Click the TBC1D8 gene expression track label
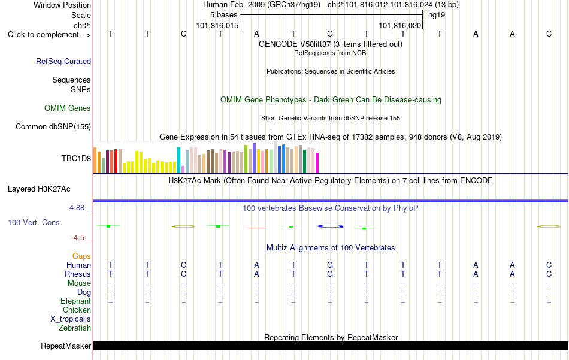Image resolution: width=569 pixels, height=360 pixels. pyautogui.click(x=76, y=158)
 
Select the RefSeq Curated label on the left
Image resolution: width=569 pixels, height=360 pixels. pyautogui.click(x=63, y=61)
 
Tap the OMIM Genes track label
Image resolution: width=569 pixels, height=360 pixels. pyautogui.click(x=68, y=108)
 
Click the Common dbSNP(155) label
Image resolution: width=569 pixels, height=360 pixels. pyautogui.click(x=53, y=126)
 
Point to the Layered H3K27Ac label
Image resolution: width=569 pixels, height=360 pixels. pyautogui.click(x=39, y=189)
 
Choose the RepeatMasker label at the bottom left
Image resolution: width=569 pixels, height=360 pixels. pyautogui.click(x=66, y=346)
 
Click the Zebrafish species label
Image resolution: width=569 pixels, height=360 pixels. pyautogui.click(x=75, y=328)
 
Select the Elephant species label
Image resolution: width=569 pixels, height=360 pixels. pyautogui.click(x=76, y=301)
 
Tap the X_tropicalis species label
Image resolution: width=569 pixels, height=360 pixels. pyautogui.click(x=71, y=319)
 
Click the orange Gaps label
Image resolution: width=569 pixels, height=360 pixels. pyautogui.click(x=81, y=256)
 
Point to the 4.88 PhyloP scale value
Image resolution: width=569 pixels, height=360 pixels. pyautogui.click(x=77, y=208)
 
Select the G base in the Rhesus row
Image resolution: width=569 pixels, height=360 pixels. pyautogui.click(x=330, y=274)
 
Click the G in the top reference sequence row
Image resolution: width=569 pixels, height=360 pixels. pyautogui.click(x=330, y=34)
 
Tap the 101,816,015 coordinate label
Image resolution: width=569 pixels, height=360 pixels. pyautogui.click(x=217, y=25)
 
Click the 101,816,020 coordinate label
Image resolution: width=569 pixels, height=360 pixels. pyautogui.click(x=400, y=25)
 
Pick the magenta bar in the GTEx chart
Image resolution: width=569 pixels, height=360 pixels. pyautogui.click(x=317, y=162)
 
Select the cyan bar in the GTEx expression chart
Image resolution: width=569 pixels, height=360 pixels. pyautogui.click(x=178, y=160)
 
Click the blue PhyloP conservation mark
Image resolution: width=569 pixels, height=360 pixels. pyautogui.click(x=330, y=226)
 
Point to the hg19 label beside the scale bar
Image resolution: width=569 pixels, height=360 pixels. pyautogui.click(x=437, y=15)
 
